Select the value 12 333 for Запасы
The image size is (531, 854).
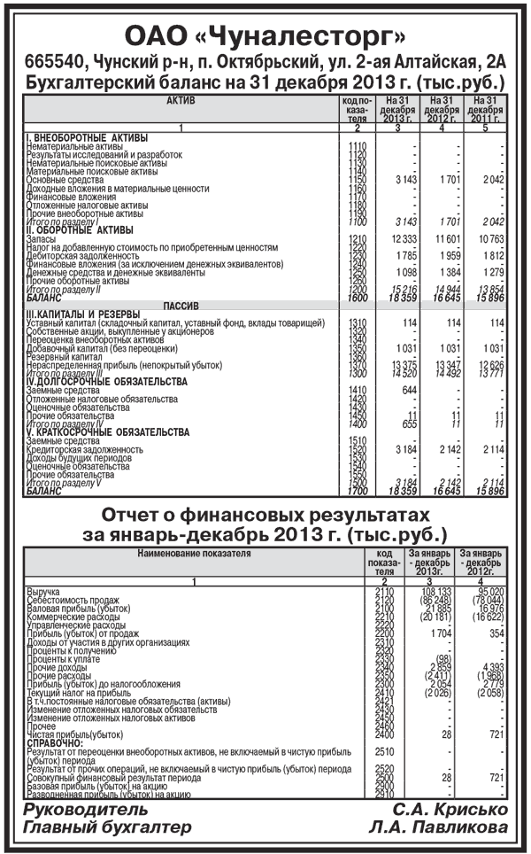point(403,239)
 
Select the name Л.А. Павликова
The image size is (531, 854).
point(441,827)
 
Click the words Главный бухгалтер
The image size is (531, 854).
point(107,827)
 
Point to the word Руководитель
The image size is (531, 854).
point(79,810)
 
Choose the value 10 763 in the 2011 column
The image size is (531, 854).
point(487,239)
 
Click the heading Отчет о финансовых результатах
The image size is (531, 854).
point(265,516)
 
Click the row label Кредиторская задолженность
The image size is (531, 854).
point(85,450)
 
